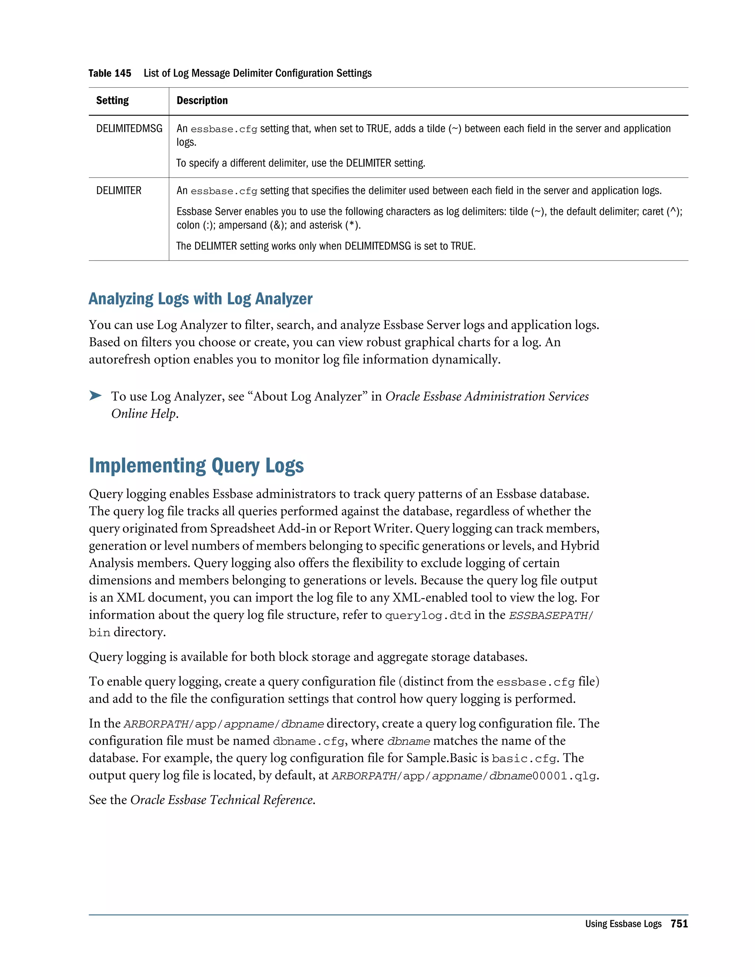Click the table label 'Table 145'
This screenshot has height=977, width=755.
[109, 73]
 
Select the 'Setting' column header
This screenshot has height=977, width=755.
[112, 101]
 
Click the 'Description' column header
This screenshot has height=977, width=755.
[202, 101]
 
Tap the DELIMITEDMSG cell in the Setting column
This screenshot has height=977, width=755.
[129, 129]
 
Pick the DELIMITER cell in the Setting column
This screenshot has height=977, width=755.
[119, 191]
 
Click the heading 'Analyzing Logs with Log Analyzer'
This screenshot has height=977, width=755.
[201, 299]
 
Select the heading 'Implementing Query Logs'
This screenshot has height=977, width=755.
[196, 466]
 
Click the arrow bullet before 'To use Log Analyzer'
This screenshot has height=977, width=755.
[95, 396]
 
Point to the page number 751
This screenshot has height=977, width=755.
[679, 924]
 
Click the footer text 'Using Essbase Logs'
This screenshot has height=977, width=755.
[623, 924]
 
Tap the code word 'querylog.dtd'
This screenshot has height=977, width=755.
[428, 616]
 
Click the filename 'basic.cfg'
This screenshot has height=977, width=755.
[524, 759]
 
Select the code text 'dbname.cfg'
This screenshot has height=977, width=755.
[309, 742]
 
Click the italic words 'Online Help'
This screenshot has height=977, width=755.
[143, 414]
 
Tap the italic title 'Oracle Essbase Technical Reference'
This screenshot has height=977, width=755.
[222, 800]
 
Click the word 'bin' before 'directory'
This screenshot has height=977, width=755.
[99, 633]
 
